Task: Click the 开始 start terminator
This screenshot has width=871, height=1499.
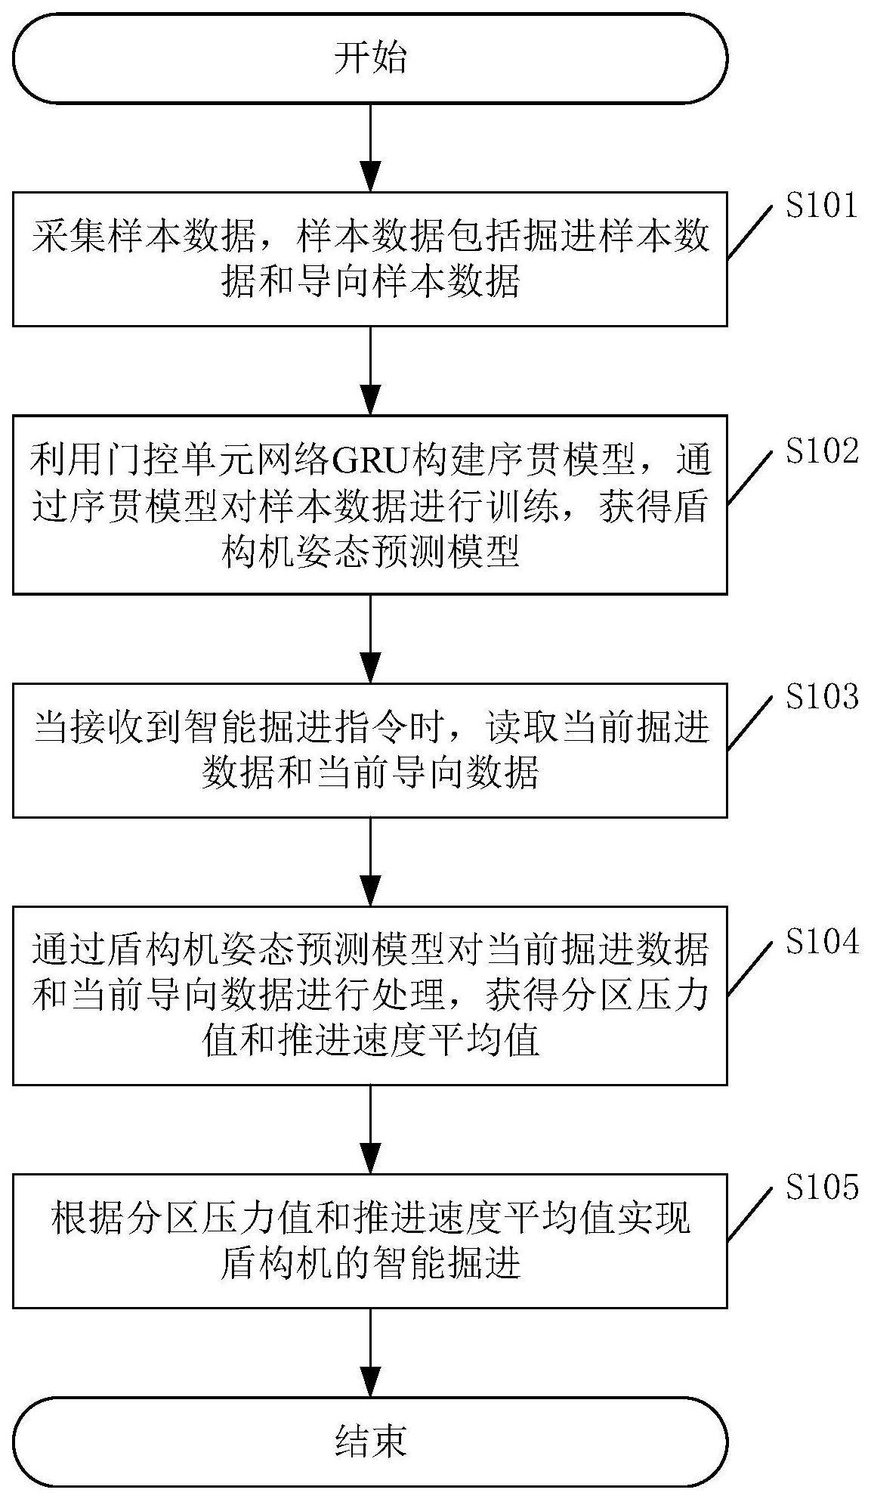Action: click(x=370, y=58)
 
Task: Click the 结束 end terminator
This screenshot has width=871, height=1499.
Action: click(x=370, y=1441)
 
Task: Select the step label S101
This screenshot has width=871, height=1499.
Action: click(x=822, y=206)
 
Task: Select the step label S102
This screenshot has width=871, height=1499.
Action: click(x=822, y=451)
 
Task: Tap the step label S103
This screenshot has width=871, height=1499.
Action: click(x=822, y=697)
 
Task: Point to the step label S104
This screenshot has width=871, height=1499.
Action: click(x=822, y=942)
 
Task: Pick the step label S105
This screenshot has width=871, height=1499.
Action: click(x=822, y=1188)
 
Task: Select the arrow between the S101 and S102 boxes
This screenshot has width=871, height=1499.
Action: click(x=370, y=370)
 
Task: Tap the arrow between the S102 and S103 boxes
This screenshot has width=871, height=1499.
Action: click(x=370, y=638)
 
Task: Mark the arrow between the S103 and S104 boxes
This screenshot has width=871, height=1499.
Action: click(x=370, y=862)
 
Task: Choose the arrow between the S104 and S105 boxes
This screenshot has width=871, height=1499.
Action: click(x=370, y=1129)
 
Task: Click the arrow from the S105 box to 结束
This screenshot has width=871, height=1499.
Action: click(x=370, y=1352)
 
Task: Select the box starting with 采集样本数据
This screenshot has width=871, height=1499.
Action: click(x=370, y=259)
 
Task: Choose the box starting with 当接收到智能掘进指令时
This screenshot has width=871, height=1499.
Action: click(x=370, y=750)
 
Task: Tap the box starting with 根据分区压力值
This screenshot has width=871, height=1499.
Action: click(x=370, y=1240)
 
